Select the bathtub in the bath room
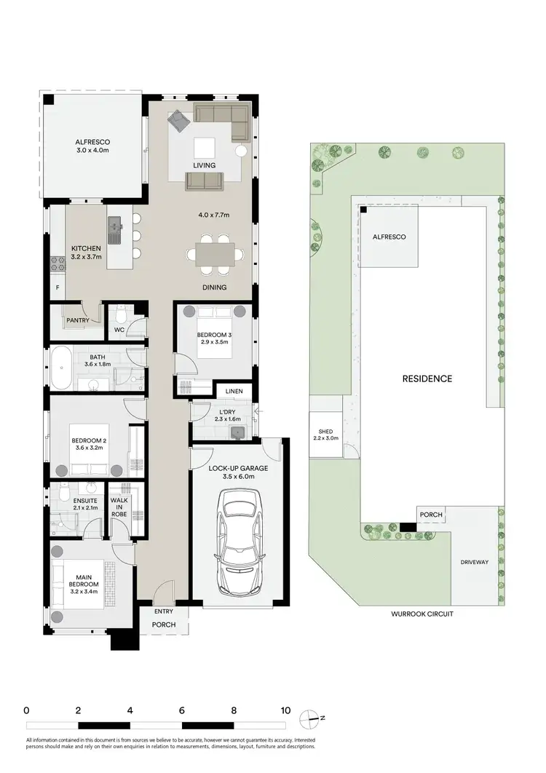(x=59, y=369)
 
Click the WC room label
(x=119, y=330)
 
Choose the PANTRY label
(x=77, y=320)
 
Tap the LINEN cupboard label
(x=234, y=392)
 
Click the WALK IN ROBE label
(x=119, y=507)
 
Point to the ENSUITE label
(x=75, y=501)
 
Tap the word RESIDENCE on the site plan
(x=427, y=378)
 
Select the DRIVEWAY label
(x=475, y=563)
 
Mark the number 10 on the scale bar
(x=285, y=710)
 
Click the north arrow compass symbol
(x=314, y=718)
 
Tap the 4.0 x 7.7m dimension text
(x=214, y=215)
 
